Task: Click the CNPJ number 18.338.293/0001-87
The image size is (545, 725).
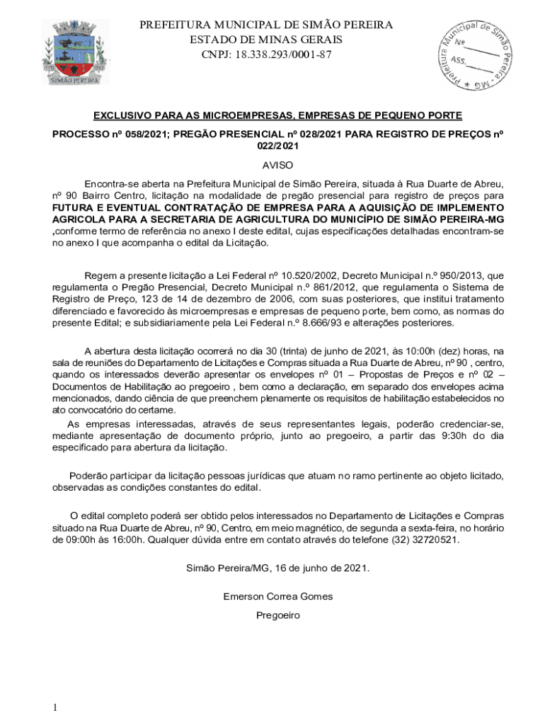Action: click(x=266, y=55)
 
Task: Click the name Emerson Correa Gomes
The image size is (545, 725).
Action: click(x=277, y=596)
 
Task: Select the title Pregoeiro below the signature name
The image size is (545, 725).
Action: click(x=277, y=615)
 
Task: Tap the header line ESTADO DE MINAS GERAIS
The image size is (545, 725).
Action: click(x=266, y=40)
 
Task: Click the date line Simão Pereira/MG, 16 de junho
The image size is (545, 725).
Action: click(x=277, y=568)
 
